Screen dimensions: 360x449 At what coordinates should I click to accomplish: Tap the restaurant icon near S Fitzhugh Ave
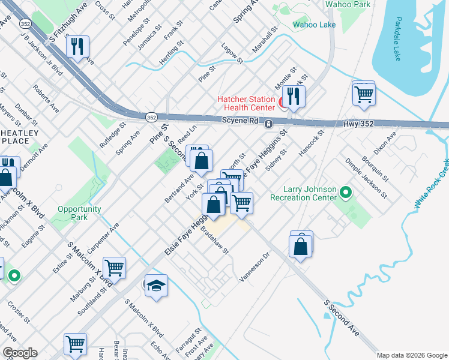[x=77, y=47]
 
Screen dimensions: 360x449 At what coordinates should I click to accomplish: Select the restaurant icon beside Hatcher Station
[x=294, y=97]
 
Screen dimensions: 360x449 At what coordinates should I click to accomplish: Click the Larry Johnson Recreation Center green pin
[x=345, y=192]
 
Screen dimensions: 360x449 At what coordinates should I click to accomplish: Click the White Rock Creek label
[x=432, y=184]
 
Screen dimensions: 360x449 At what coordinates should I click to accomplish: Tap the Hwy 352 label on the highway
[x=359, y=123]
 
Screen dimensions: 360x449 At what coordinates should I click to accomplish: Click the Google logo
[x=19, y=352]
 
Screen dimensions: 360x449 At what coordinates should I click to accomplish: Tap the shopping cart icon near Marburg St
[x=114, y=267]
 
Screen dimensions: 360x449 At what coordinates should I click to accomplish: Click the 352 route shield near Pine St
[x=151, y=116]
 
